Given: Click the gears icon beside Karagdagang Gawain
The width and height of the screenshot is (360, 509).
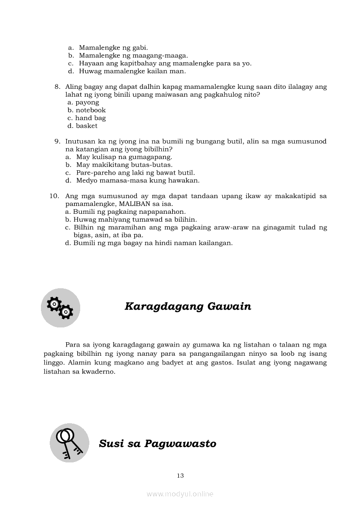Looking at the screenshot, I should click(61, 307).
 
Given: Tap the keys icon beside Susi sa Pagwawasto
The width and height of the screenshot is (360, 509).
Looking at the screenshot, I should click(69, 442).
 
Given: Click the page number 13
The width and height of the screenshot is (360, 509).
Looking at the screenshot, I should click(180, 475).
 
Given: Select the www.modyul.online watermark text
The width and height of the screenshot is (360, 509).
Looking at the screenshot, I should click(180, 494).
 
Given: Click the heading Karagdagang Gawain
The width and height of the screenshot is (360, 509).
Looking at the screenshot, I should click(188, 307).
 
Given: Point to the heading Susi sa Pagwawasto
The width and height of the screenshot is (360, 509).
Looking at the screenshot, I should click(157, 444).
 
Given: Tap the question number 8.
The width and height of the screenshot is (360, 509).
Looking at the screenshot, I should click(57, 87).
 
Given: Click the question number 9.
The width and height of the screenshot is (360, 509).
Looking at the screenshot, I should click(57, 142).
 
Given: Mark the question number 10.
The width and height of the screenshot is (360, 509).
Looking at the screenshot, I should click(54, 196).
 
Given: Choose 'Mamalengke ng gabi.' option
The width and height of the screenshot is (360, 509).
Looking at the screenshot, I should click(113, 47).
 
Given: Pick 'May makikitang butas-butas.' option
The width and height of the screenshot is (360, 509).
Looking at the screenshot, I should click(124, 165).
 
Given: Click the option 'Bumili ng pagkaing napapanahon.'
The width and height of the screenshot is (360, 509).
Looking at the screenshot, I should click(129, 212).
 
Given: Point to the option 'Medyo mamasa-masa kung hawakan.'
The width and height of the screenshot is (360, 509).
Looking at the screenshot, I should click(138, 181).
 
